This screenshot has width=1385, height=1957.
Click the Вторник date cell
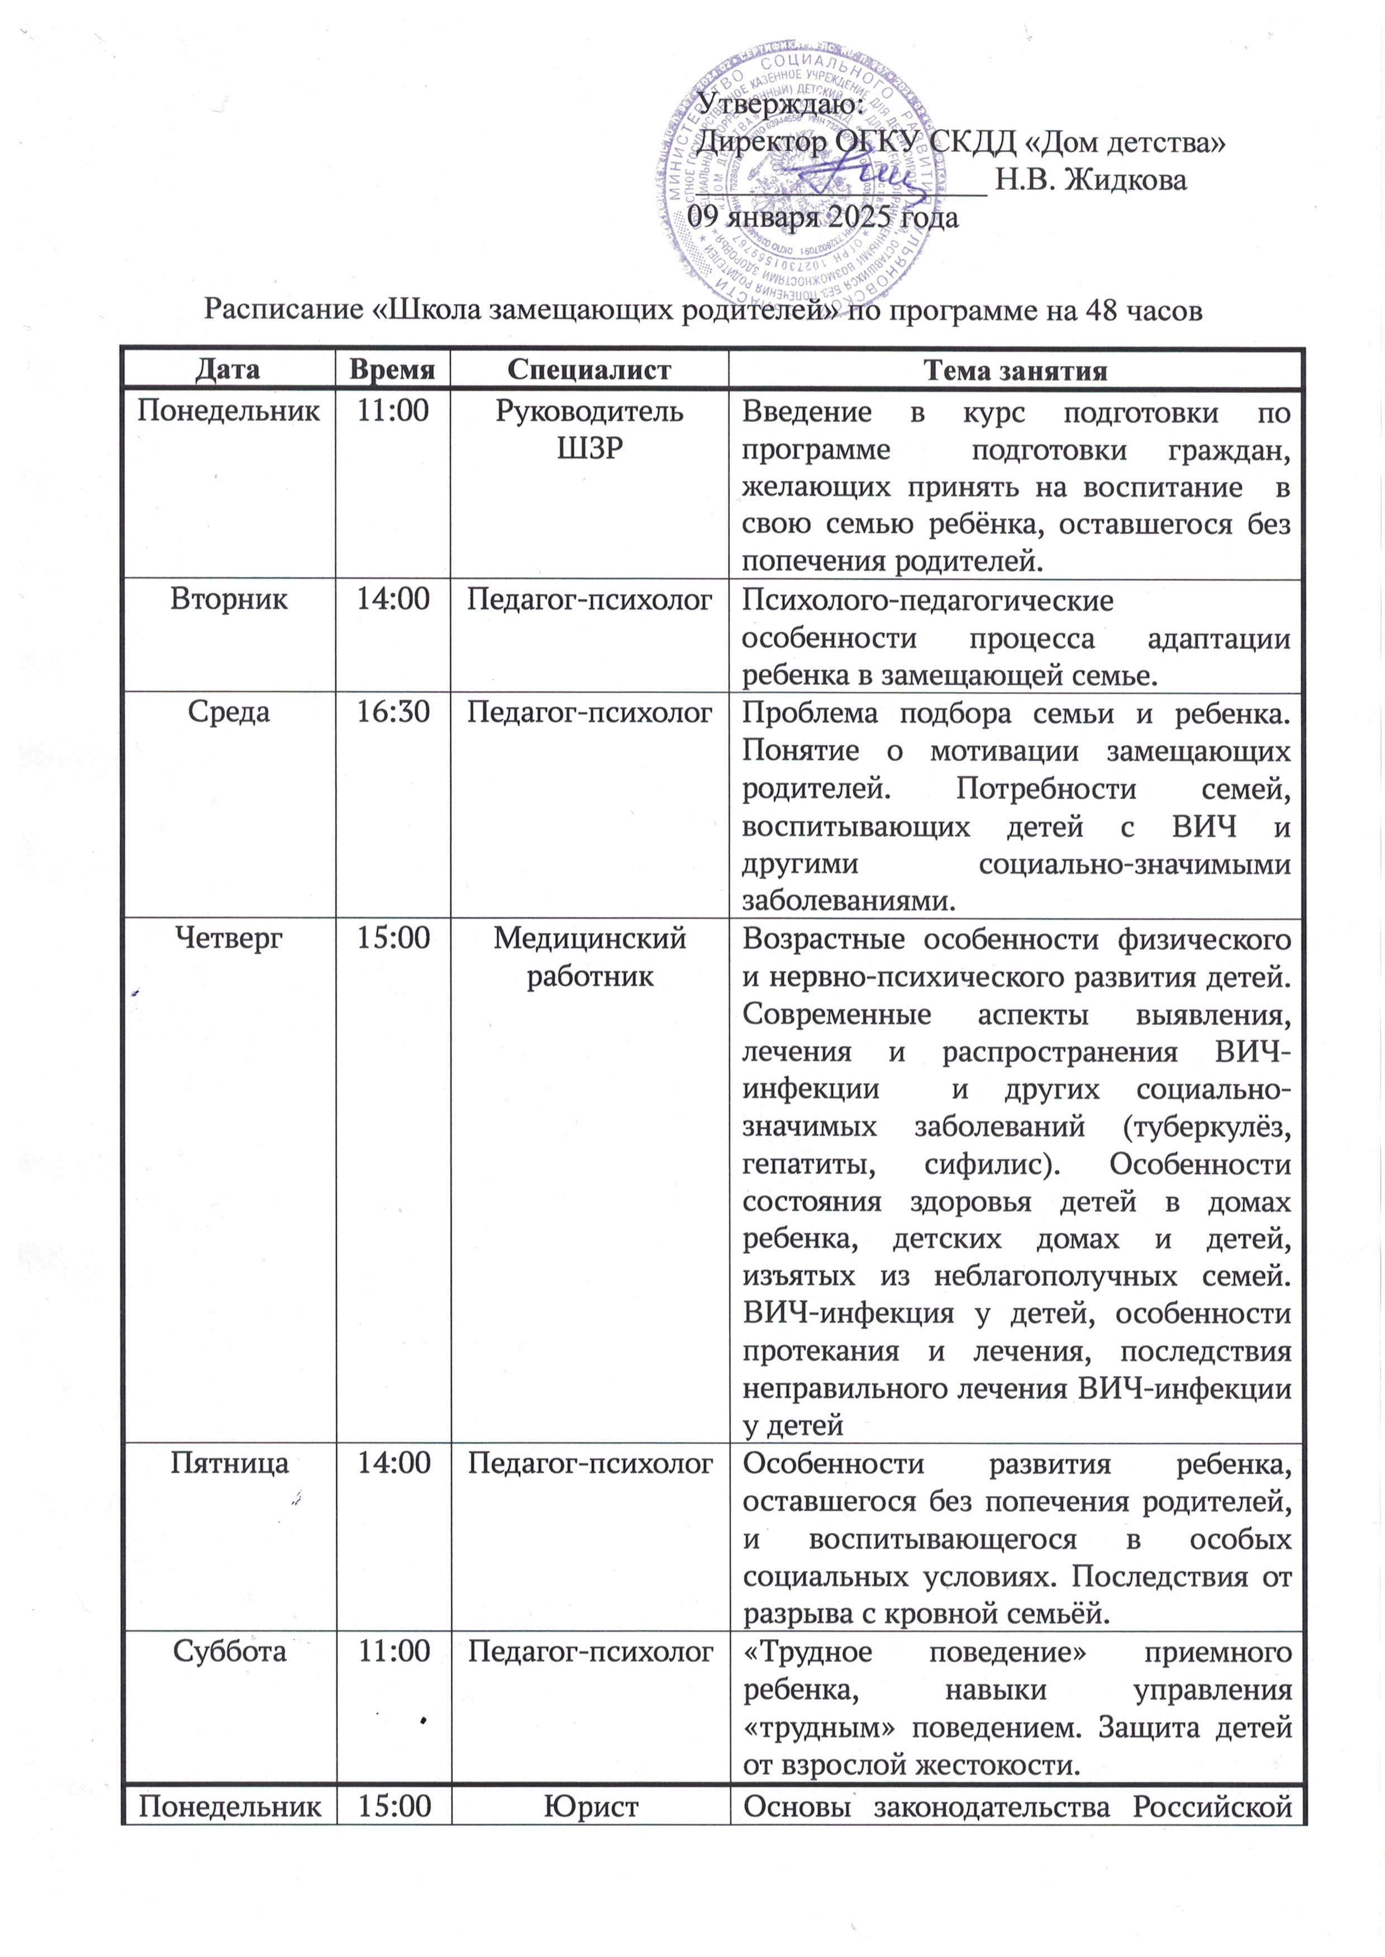[x=228, y=599]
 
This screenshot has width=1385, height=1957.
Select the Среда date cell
[x=228, y=712]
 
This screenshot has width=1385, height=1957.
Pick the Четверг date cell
[x=228, y=938]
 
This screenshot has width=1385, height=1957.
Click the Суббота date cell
[x=228, y=1652]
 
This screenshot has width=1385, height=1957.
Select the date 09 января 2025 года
[x=823, y=218]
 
